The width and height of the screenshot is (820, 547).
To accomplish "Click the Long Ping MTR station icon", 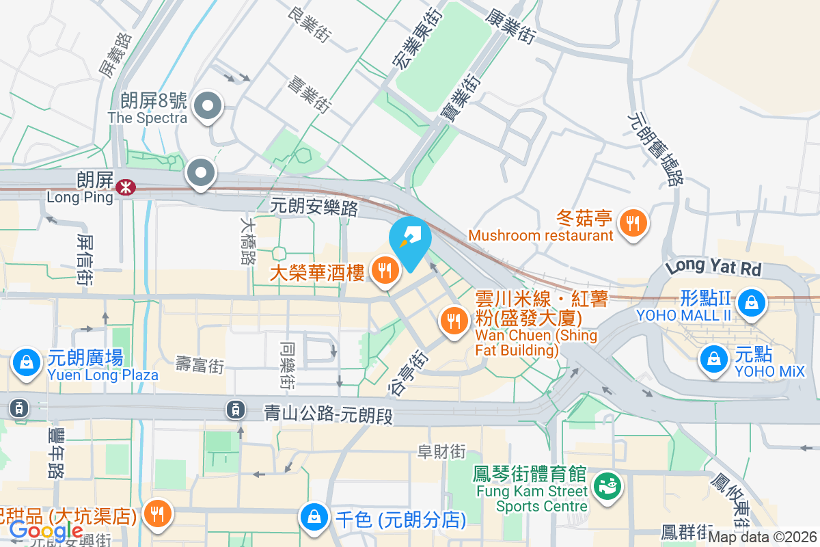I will coord(125,187).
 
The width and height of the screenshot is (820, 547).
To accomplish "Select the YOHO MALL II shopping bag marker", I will coord(752,300).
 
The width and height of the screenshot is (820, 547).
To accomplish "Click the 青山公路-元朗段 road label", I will coord(329,414).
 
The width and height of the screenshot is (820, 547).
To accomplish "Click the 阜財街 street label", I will coord(442,452).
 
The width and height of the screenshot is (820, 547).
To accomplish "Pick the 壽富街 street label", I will coord(200,364).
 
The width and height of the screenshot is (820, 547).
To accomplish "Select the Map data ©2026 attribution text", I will coord(763,538).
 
